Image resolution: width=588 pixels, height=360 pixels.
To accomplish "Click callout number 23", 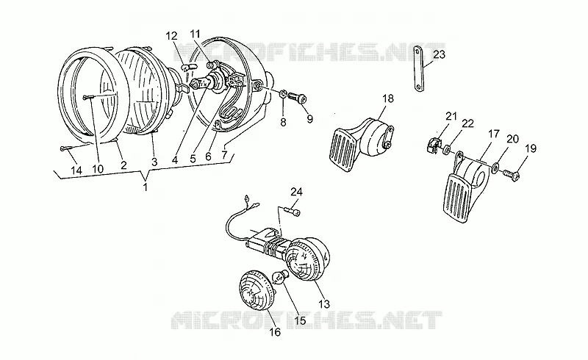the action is coord(439,55).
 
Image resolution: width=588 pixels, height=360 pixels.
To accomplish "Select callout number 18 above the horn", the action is coord(388,98).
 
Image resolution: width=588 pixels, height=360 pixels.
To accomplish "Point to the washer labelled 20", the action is coord(495,165).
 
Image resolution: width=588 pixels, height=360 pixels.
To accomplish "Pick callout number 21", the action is coord(451,116).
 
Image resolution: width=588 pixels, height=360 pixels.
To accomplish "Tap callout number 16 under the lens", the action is coord(275,332).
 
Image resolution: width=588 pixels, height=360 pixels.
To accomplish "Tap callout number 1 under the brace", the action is coord(146,187).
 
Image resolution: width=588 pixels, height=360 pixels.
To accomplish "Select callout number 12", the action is coord(171,36).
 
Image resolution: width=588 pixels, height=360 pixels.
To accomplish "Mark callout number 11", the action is coord(195,33).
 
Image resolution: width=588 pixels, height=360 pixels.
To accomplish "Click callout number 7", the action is coord(224,154).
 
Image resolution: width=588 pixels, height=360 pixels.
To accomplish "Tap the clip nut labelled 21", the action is coord(433,145).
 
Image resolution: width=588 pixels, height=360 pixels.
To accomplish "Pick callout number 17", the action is coord(493,134).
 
